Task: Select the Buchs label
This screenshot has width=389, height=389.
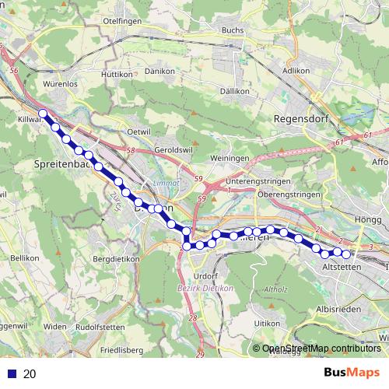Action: [233, 30]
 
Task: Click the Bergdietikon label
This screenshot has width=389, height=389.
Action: [115, 258]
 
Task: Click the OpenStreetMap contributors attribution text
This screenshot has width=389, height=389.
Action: [321, 349]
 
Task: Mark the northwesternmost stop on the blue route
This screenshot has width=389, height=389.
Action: [44, 114]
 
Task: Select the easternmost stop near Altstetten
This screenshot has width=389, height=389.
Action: [347, 254]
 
